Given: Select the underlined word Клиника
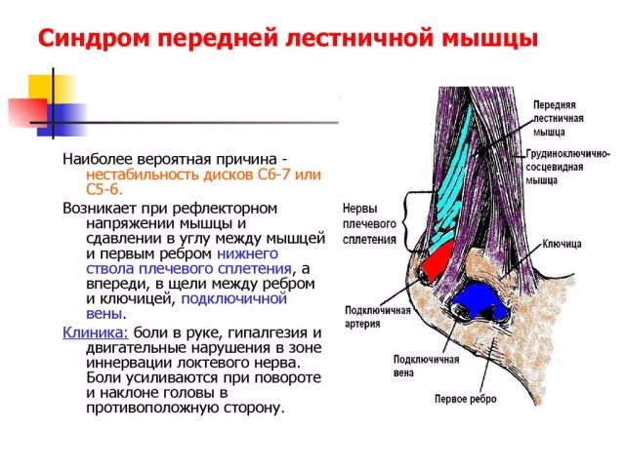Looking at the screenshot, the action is point(96,332).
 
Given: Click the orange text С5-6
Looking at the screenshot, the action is point(104,189).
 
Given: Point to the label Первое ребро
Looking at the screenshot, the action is point(466,399).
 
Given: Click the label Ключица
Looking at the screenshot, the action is point(562,244).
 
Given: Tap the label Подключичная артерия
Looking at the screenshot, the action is point(378,317).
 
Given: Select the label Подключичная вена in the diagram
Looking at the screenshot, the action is point(426,366).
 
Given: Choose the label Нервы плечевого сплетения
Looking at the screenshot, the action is point(369,223).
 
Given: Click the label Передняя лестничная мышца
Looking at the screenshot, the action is point(559,118).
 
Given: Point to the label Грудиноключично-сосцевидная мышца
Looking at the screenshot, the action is point(567,167).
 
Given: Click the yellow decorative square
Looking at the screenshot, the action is point(47,89).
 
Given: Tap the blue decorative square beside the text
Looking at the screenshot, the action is point(62,120).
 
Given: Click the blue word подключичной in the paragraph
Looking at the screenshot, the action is point(234,298).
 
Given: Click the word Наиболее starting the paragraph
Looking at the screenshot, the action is point(98,159).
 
